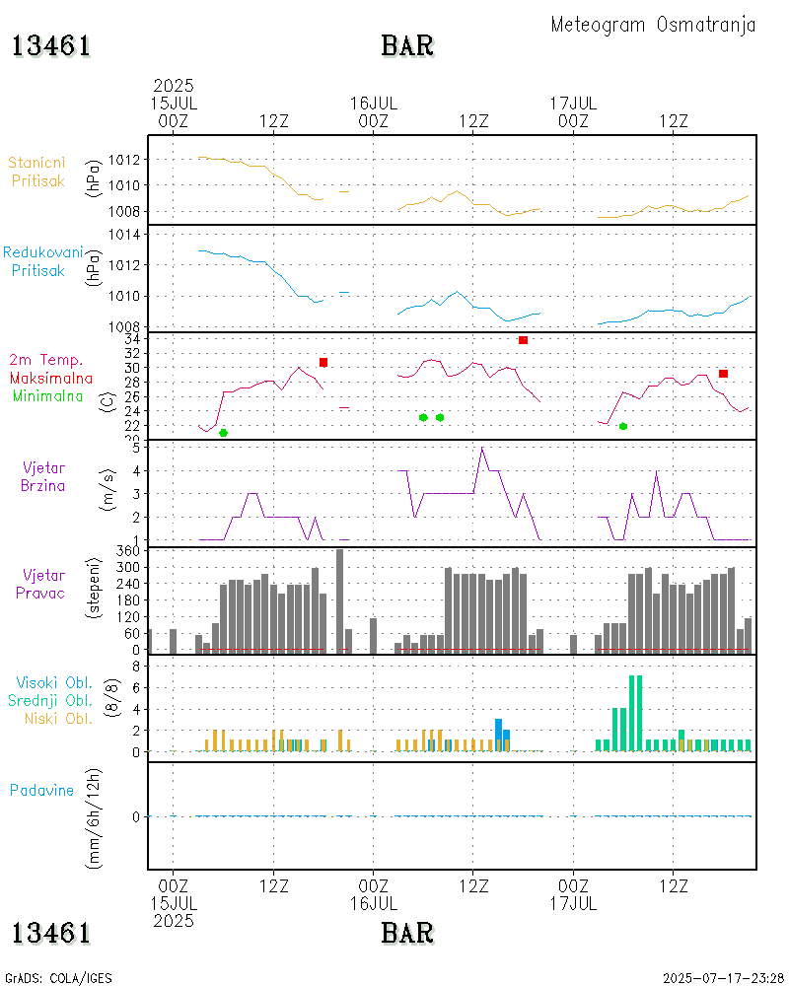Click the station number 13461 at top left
[x=51, y=46]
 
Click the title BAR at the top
[x=407, y=46]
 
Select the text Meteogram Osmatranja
[x=653, y=25]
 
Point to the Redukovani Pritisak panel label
[x=41, y=261]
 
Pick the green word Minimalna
[x=48, y=395]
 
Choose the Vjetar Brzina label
[x=43, y=476]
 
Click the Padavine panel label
[x=41, y=790]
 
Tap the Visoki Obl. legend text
[x=54, y=682]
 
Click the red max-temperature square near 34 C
[x=523, y=340]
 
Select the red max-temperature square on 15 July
[x=323, y=363]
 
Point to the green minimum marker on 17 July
[x=623, y=426]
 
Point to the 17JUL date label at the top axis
[x=573, y=103]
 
